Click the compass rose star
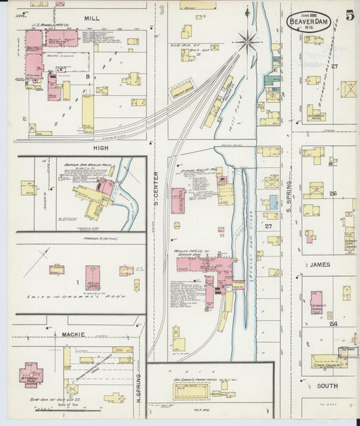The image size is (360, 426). [x=248, y=42]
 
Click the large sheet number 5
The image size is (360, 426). [x=349, y=16]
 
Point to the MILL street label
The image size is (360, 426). [x=93, y=17]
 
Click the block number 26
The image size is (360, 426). [x=332, y=194]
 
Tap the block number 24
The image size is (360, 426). [x=332, y=323]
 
